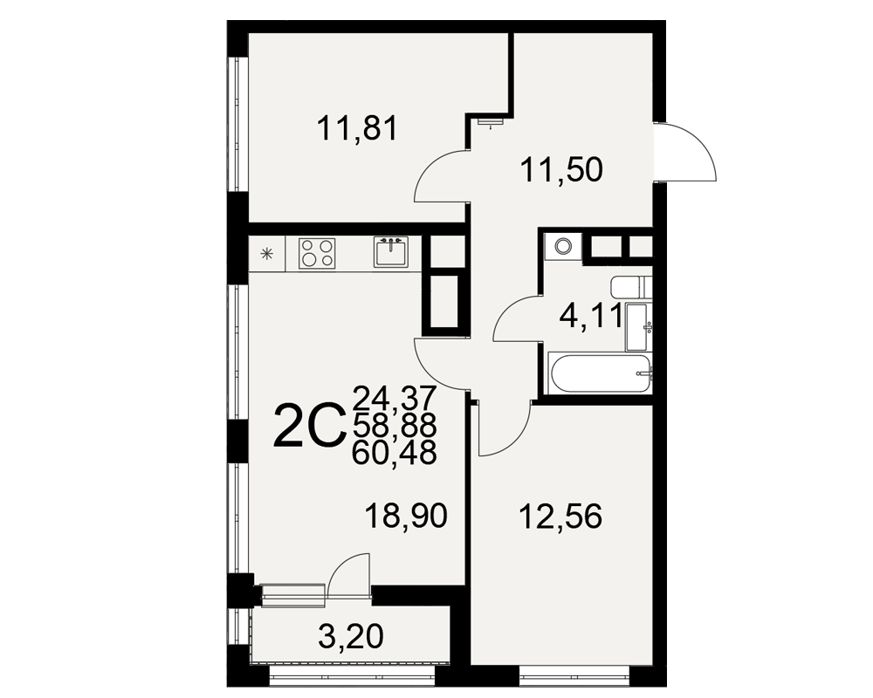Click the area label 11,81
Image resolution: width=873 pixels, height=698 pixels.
[357, 128]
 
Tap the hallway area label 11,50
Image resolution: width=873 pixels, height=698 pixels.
[561, 169]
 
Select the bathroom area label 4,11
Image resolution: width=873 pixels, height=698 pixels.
[590, 318]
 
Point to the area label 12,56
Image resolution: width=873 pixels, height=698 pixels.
[560, 517]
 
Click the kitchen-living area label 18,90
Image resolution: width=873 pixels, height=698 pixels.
[406, 516]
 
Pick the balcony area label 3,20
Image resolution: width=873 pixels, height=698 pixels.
[351, 636]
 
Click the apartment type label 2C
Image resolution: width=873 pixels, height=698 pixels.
[307, 426]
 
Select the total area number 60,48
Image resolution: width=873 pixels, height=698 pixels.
[395, 453]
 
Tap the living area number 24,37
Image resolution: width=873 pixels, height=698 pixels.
[395, 399]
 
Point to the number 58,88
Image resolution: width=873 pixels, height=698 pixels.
[395, 426]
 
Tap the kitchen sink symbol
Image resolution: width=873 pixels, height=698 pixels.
[391, 251]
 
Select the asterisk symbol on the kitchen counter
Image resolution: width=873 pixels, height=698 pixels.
[267, 255]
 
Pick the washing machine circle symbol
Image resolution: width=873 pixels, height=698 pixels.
[563, 245]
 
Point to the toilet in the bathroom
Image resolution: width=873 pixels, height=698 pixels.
[631, 287]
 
